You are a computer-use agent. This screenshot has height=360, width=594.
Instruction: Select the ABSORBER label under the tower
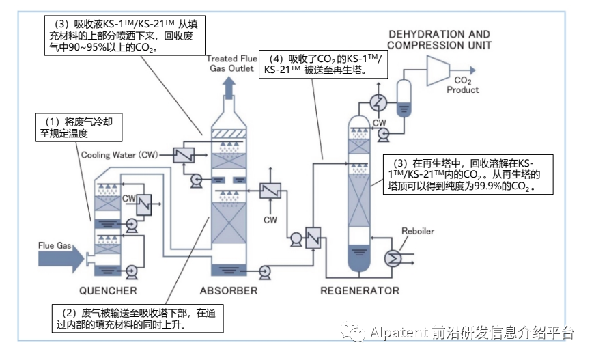click(x=228, y=291)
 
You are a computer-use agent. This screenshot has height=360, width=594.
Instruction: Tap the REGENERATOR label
click(x=360, y=291)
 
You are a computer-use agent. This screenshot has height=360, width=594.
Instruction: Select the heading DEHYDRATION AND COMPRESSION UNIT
click(x=440, y=40)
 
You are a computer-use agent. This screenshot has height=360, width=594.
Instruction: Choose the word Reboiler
click(x=417, y=231)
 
